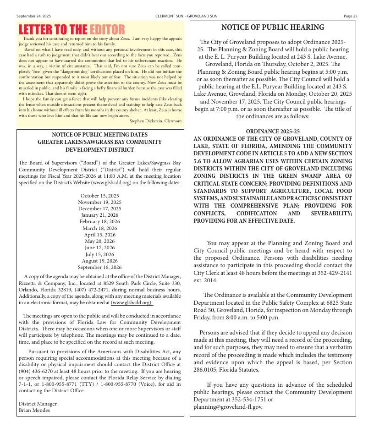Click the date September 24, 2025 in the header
33,16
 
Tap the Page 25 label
350,16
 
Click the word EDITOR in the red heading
107,30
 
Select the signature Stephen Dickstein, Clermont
156,121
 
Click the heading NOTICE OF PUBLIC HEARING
273,27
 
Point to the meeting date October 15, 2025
99,196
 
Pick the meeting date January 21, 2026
99,215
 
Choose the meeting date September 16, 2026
99,267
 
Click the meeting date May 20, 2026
99,241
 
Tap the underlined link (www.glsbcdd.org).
132,302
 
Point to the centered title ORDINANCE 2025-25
273,132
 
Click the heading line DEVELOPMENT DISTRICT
99,149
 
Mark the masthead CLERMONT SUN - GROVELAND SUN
187,16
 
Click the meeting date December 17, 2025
99,208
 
